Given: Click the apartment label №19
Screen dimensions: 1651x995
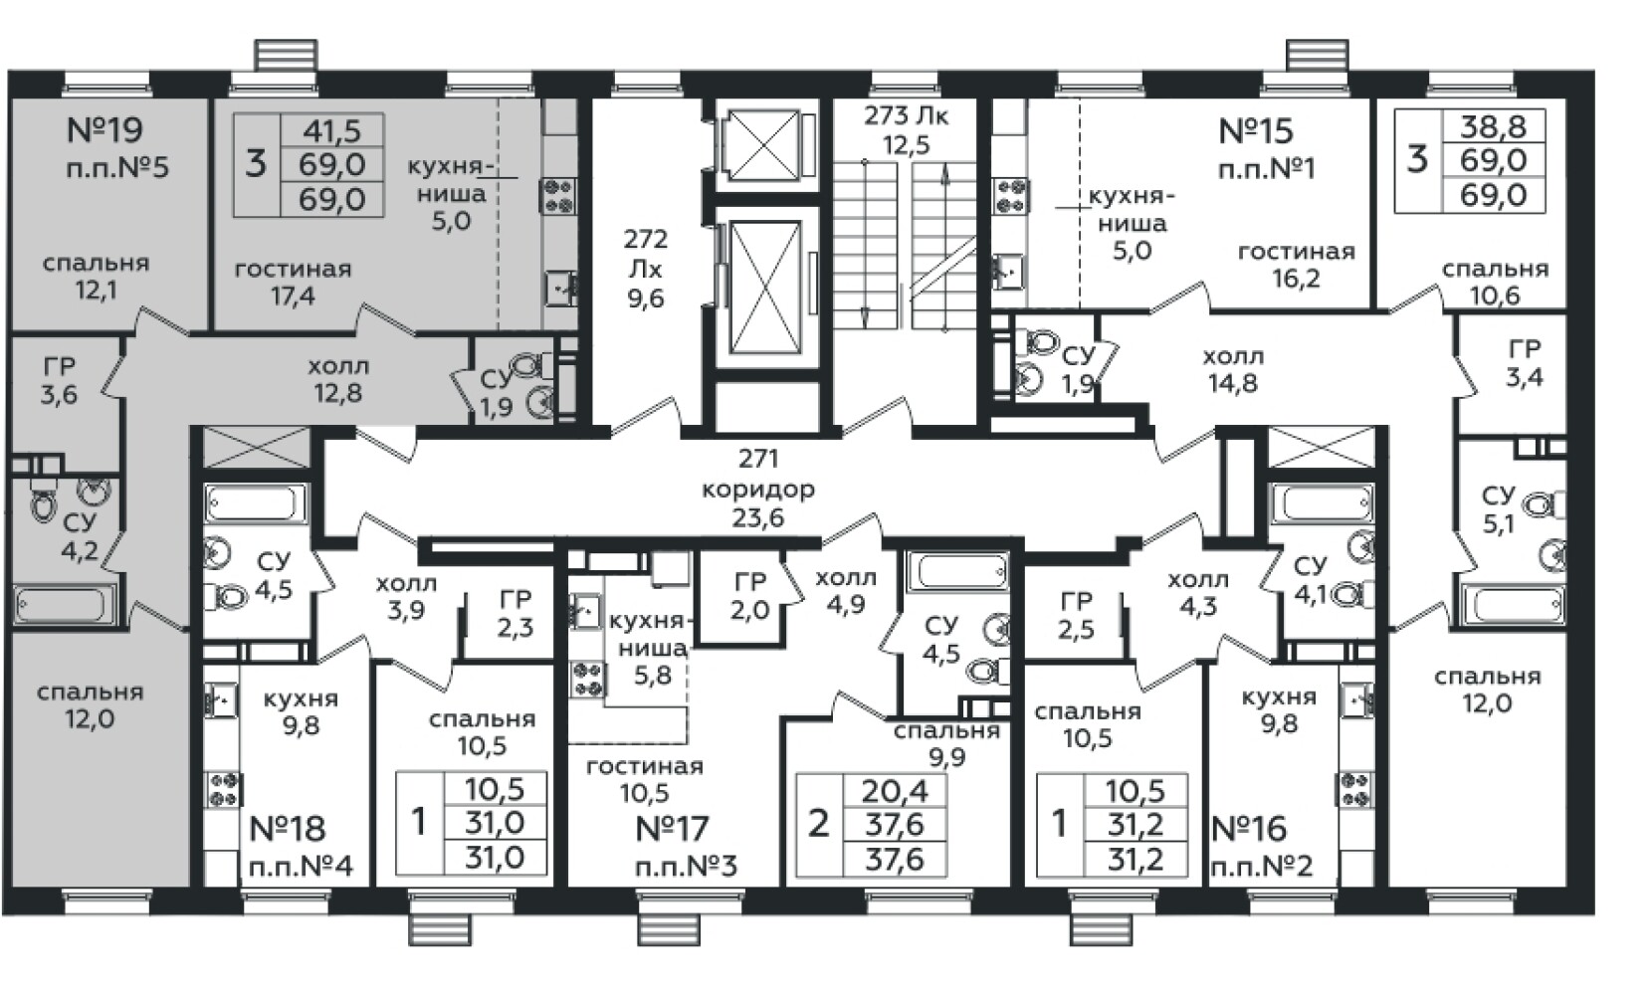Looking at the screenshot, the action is pyautogui.click(x=104, y=129).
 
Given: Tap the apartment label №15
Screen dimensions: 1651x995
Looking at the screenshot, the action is pyautogui.click(x=1256, y=131).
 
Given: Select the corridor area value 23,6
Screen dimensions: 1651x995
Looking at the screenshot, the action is pyautogui.click(x=757, y=517).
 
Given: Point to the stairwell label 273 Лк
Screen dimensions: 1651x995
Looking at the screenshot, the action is pyautogui.click(x=906, y=115).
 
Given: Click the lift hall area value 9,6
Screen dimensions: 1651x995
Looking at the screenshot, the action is pyautogui.click(x=645, y=298).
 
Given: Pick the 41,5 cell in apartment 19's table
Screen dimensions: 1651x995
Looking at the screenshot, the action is pyautogui.click(x=332, y=130).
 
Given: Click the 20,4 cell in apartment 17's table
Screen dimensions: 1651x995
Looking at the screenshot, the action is pyautogui.click(x=894, y=791).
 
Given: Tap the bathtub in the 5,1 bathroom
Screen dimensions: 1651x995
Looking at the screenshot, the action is pyautogui.click(x=1514, y=605).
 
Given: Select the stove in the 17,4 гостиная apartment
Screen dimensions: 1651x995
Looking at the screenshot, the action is pyautogui.click(x=558, y=196).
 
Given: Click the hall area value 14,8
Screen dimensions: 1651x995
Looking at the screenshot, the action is pyautogui.click(x=1233, y=382).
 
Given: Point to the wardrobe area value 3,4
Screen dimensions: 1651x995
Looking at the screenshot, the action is pyautogui.click(x=1525, y=377).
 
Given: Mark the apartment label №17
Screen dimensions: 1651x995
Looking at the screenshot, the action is pyautogui.click(x=672, y=829).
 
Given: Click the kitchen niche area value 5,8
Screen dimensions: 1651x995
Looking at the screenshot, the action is pyautogui.click(x=652, y=675).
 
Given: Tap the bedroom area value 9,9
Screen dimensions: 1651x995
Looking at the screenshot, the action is pyautogui.click(x=947, y=757).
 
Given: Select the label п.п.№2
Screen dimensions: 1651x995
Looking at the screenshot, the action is pyautogui.click(x=1262, y=867).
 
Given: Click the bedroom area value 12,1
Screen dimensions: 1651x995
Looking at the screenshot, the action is pyautogui.click(x=96, y=290).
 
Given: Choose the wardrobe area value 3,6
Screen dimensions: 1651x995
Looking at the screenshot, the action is pyautogui.click(x=59, y=394).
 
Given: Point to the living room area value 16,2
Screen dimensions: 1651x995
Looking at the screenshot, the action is pyautogui.click(x=1296, y=279).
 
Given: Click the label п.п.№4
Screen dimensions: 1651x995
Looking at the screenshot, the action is pyautogui.click(x=301, y=867).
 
